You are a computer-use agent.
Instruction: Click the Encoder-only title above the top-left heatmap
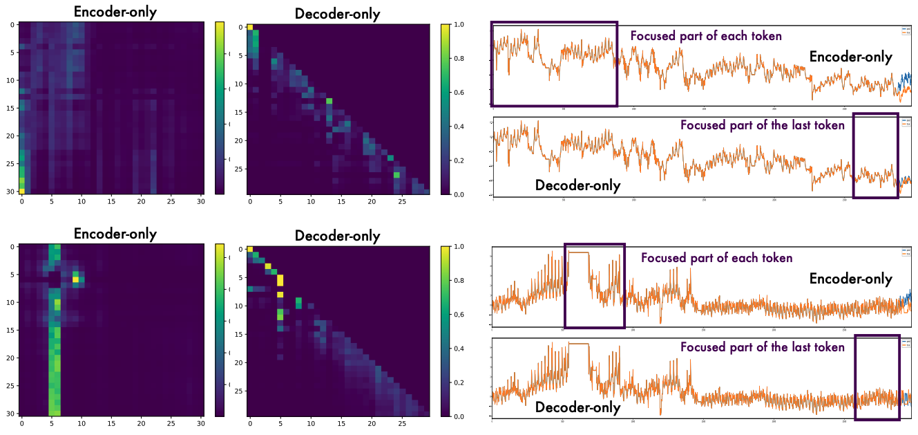(115, 12)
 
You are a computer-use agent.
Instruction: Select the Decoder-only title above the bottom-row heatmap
(337, 236)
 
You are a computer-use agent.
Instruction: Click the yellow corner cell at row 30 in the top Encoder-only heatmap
(21, 191)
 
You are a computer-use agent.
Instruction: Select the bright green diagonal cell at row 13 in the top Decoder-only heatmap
(329, 101)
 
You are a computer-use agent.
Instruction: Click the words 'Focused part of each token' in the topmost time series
(705, 36)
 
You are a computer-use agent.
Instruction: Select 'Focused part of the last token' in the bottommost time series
(762, 347)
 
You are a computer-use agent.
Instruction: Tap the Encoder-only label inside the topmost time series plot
(850, 57)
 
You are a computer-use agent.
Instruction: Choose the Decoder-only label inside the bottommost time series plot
(577, 408)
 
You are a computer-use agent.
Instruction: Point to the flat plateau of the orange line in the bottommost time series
(577, 344)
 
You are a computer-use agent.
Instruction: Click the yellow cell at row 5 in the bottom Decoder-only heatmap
(280, 280)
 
